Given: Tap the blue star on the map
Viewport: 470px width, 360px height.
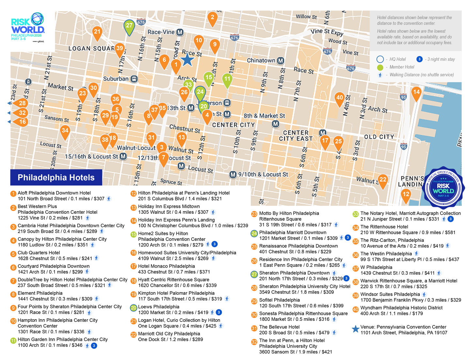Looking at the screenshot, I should (x=187, y=60).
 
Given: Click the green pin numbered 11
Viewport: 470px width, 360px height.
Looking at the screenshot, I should (x=227, y=79).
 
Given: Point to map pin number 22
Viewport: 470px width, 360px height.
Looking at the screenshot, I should (x=383, y=180).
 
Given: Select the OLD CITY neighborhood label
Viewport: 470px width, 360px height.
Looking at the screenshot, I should (x=379, y=137).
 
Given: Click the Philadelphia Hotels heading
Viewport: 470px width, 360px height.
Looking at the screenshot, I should (x=56, y=178).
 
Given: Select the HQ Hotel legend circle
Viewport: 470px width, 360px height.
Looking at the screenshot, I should (x=380, y=59).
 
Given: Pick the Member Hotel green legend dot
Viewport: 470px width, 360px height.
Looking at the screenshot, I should (x=380, y=67).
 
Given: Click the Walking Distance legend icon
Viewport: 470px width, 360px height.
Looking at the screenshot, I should (x=380, y=75).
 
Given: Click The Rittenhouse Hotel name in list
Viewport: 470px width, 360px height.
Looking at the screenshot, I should (x=384, y=227).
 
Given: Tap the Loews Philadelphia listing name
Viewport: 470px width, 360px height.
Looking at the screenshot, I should (x=159, y=307).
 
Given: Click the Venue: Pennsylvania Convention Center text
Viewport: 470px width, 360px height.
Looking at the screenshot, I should (x=403, y=327).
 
